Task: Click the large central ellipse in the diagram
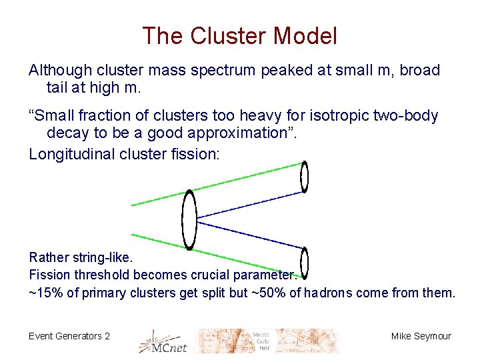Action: (190, 220)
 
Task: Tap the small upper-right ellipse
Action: (305, 177)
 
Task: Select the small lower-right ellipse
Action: (304, 261)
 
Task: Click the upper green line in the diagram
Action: (220, 184)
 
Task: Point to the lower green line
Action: (220, 254)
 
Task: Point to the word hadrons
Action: (327, 293)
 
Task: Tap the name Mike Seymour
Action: (421, 336)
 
